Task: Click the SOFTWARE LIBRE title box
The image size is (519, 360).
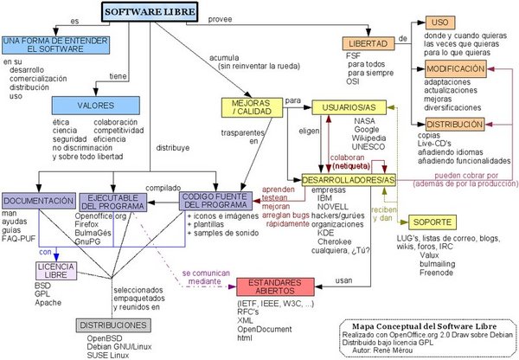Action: (x=149, y=11)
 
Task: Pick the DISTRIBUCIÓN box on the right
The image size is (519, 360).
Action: (x=454, y=125)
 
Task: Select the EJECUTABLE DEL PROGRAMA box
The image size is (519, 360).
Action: (x=115, y=202)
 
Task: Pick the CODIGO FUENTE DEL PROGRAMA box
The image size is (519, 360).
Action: (x=215, y=201)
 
